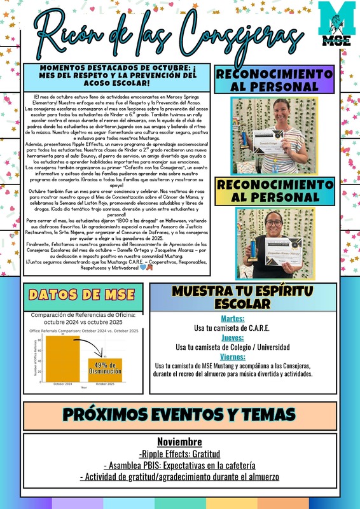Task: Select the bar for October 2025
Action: click(105, 370)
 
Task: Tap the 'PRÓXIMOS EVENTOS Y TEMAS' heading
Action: click(179, 414)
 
